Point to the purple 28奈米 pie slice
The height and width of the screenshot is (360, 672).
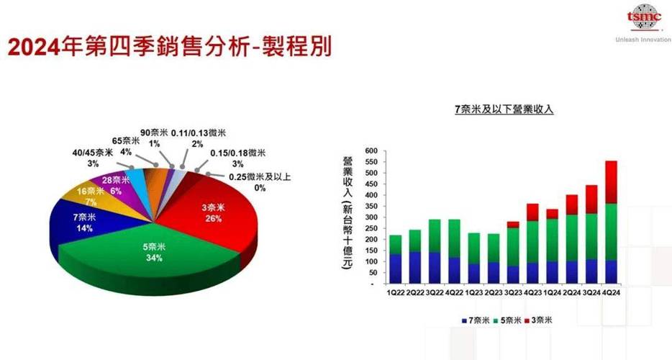[115, 181]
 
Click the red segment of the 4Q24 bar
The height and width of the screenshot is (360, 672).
[611, 181]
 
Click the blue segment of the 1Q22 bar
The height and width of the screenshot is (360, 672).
[395, 269]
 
